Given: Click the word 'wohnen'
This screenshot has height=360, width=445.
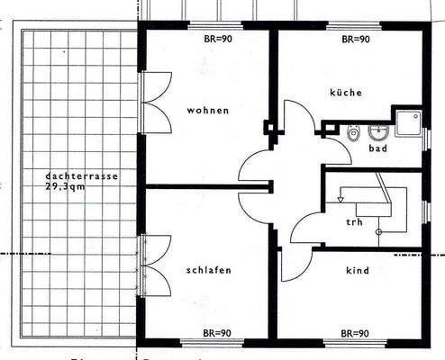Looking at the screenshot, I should click(208, 111).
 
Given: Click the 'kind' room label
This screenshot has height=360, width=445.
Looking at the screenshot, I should click(358, 270).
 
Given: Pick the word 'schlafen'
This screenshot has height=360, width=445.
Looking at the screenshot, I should click(211, 270).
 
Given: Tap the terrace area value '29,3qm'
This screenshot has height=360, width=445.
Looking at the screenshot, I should click(62, 186).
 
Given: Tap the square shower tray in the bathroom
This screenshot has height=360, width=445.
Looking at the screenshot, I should click(410, 122).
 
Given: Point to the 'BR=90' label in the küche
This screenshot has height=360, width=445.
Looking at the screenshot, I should click(358, 40).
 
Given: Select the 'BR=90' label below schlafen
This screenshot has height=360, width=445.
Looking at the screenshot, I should click(216, 333).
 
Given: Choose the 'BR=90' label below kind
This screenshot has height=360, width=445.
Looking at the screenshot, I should click(358, 333).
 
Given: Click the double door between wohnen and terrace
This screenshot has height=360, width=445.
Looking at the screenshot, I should click(153, 104).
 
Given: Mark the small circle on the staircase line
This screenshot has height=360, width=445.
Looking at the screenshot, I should click(379, 231).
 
